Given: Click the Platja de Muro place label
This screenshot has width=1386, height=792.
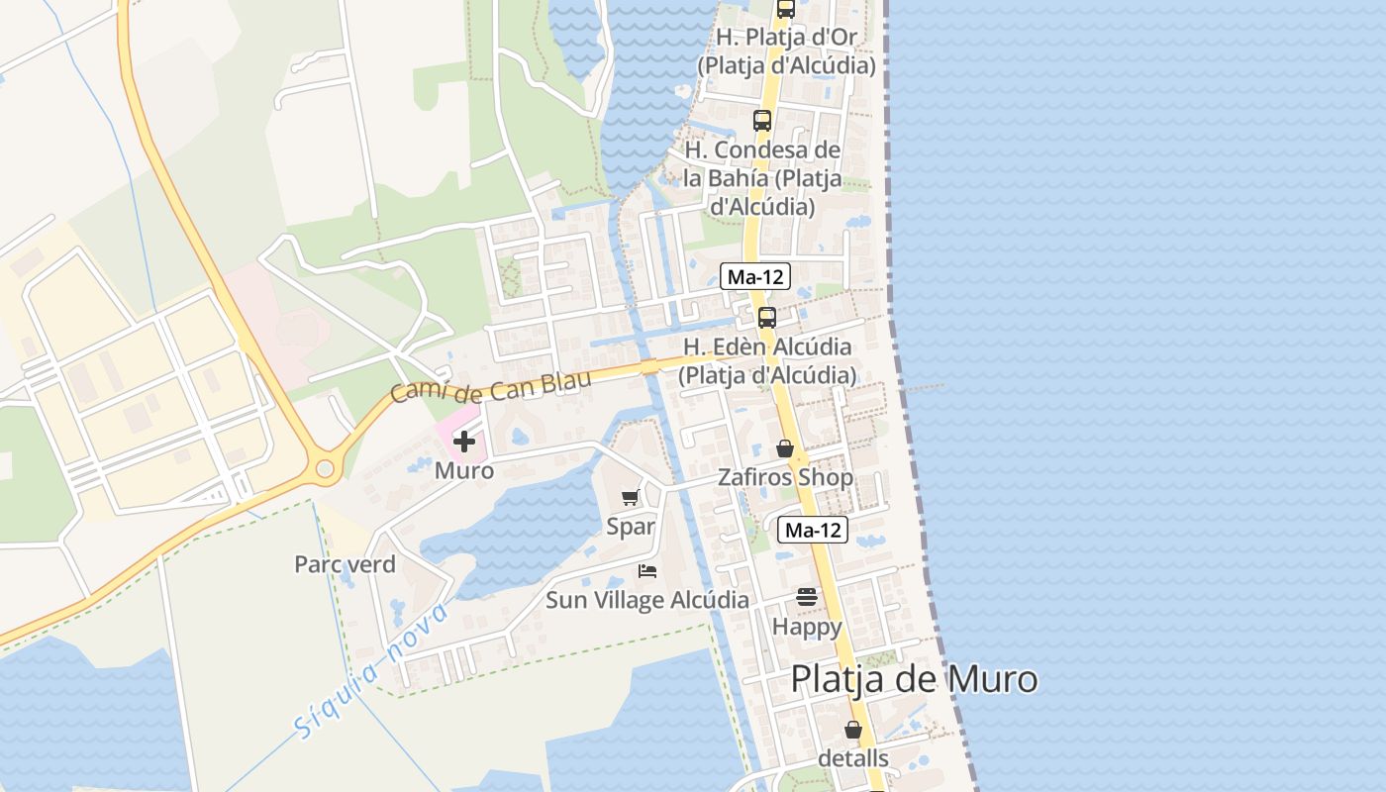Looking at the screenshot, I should click(x=914, y=680).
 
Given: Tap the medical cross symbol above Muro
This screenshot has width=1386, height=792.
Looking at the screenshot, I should click(x=463, y=442).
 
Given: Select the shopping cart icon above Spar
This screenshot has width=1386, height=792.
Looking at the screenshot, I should click(x=631, y=497).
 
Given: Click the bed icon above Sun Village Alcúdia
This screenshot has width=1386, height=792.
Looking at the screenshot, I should click(x=647, y=571).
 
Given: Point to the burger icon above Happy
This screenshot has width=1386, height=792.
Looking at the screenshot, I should click(x=807, y=597).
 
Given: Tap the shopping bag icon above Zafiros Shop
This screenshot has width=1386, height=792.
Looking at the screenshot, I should click(x=785, y=448).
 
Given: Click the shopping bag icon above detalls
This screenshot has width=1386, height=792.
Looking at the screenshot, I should click(x=853, y=730).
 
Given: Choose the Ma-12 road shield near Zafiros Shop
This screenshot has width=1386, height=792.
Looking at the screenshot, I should click(x=813, y=531).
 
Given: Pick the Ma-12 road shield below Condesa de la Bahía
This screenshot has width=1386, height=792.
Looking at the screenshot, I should click(x=755, y=277).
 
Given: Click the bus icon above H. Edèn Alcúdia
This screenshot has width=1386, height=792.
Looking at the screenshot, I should click(x=766, y=318).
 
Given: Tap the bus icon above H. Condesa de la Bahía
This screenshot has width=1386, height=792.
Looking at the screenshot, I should click(x=761, y=121).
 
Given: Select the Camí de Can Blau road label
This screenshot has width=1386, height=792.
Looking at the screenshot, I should click(x=491, y=385).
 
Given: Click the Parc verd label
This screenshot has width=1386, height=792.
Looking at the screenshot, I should click(x=345, y=564).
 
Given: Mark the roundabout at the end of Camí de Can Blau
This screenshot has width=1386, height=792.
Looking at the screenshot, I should click(x=324, y=467).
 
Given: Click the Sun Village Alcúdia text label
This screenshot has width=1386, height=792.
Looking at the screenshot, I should click(x=647, y=600).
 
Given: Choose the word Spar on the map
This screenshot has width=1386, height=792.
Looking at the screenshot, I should click(x=631, y=526).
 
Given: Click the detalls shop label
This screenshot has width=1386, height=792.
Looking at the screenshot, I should click(x=853, y=758).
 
